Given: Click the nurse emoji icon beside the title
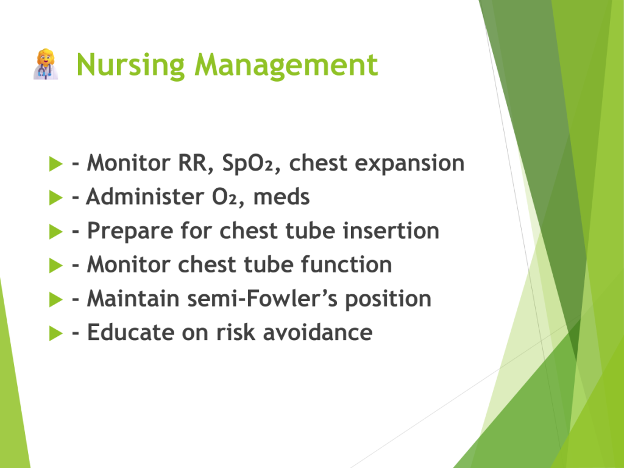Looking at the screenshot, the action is coord(46,64).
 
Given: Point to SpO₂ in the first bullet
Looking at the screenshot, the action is coord(247,163).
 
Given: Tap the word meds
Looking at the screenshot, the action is coord(282,197).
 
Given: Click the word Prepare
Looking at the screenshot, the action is coord(130,232).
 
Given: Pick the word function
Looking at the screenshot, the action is coord(346,264).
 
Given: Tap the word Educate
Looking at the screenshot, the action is coord(130,332).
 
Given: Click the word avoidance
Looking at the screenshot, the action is coord(318,332).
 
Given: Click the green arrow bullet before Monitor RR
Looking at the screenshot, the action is coord(55,163).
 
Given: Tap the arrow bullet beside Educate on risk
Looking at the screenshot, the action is coord(55,333).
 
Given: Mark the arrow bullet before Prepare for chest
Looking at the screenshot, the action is coord(55,232).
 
